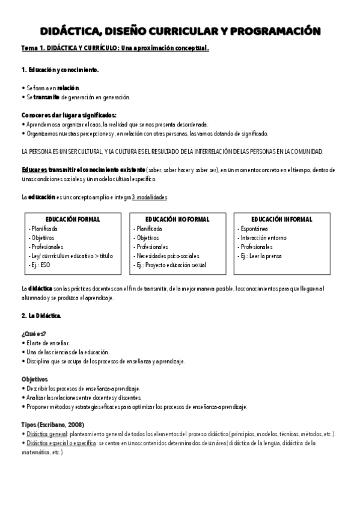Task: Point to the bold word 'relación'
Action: [68, 87]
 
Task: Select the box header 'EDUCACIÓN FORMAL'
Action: [73, 220]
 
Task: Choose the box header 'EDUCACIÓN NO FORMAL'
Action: [177, 220]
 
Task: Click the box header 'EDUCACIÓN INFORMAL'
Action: [282, 220]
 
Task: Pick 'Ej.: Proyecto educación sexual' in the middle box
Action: [171, 265]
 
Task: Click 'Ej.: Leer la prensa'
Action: [263, 256]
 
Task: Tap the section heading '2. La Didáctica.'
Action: [41, 315]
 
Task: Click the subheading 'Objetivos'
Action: [34, 380]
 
